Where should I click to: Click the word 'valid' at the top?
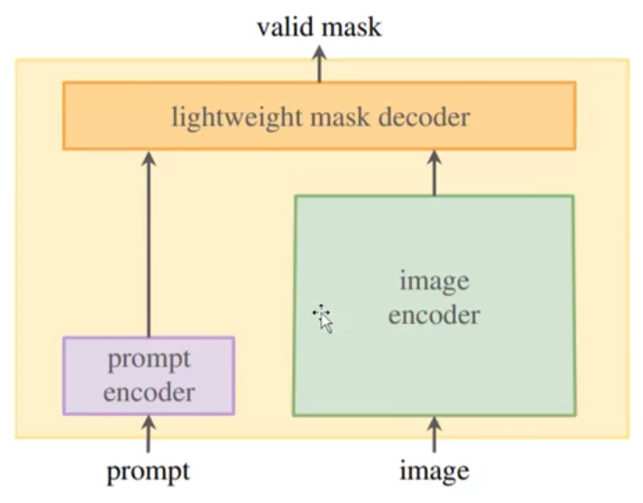pyautogui.click(x=284, y=27)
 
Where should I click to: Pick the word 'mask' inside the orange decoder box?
pyautogui.click(x=334, y=117)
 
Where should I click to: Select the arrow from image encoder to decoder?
pyautogui.click(x=433, y=173)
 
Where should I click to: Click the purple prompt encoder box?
pyautogui.click(x=148, y=375)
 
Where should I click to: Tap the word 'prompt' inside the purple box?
pyautogui.click(x=148, y=360)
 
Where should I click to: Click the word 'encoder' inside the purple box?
pyautogui.click(x=148, y=392)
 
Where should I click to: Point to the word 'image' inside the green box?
pyautogui.click(x=433, y=280)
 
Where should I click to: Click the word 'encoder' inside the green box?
pyautogui.click(x=433, y=316)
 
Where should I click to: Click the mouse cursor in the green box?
pyautogui.click(x=323, y=317)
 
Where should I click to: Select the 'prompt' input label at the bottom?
pyautogui.click(x=148, y=471)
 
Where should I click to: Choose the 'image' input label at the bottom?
pyautogui.click(x=433, y=471)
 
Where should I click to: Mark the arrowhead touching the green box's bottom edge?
pyautogui.click(x=433, y=422)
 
